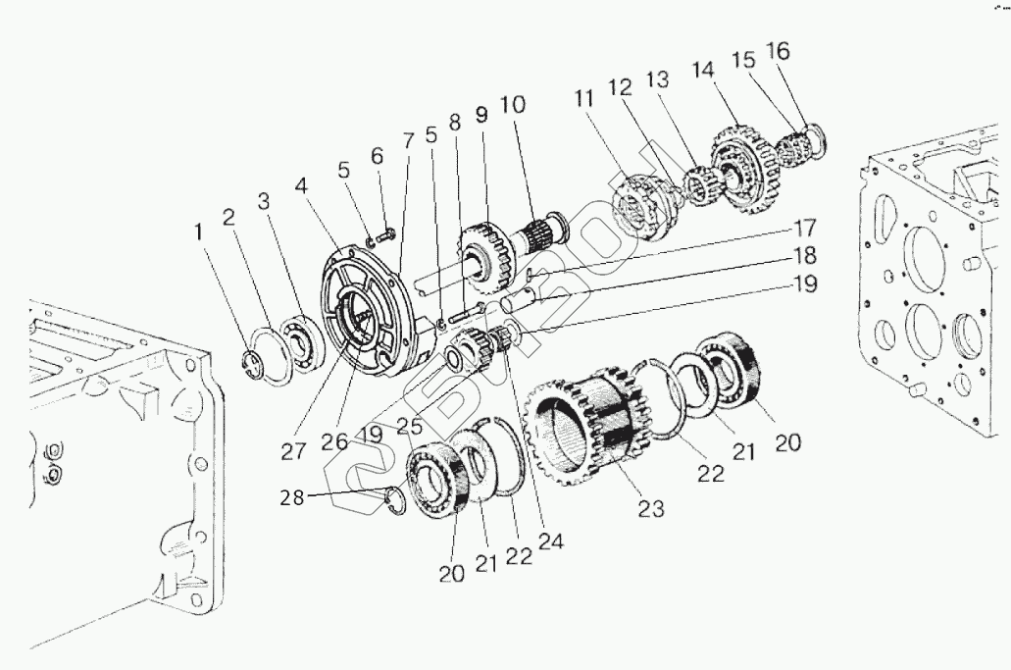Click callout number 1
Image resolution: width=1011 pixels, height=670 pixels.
click(199, 232)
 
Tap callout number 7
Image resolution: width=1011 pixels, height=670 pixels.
click(407, 142)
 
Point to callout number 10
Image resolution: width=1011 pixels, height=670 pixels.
click(512, 105)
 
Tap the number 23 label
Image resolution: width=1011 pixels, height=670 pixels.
click(650, 509)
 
